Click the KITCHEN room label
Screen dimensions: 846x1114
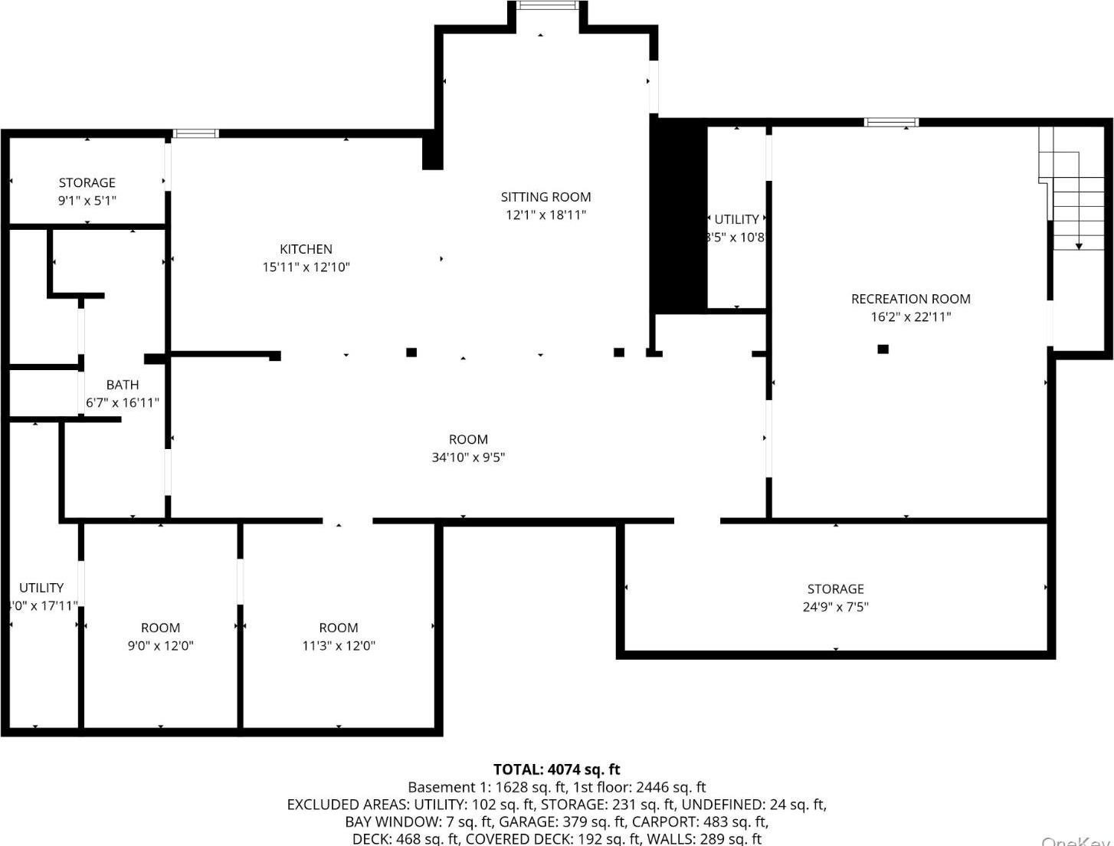coord(306,249)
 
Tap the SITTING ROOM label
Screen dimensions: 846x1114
coord(546,197)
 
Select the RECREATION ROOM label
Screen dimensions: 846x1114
coord(910,299)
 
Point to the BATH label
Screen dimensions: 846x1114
coord(123,385)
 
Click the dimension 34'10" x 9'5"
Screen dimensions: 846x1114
coord(468,457)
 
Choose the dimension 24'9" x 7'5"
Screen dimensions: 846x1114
coord(835,607)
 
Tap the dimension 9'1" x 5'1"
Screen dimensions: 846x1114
coord(87,201)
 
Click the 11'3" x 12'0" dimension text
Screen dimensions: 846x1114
coord(338,645)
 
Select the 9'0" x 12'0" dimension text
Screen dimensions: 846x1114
coord(160,645)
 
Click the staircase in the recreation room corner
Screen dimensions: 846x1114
coord(1074,192)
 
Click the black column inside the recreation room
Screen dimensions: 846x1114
coord(883,349)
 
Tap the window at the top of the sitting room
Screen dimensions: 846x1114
coord(546,5)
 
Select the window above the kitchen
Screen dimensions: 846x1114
coord(196,133)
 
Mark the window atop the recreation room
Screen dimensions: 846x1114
coord(891,122)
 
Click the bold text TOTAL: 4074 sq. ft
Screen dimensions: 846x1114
coord(556,769)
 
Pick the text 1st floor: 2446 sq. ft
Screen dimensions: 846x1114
coord(644,787)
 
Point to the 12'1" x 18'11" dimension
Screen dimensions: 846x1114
coord(546,215)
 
